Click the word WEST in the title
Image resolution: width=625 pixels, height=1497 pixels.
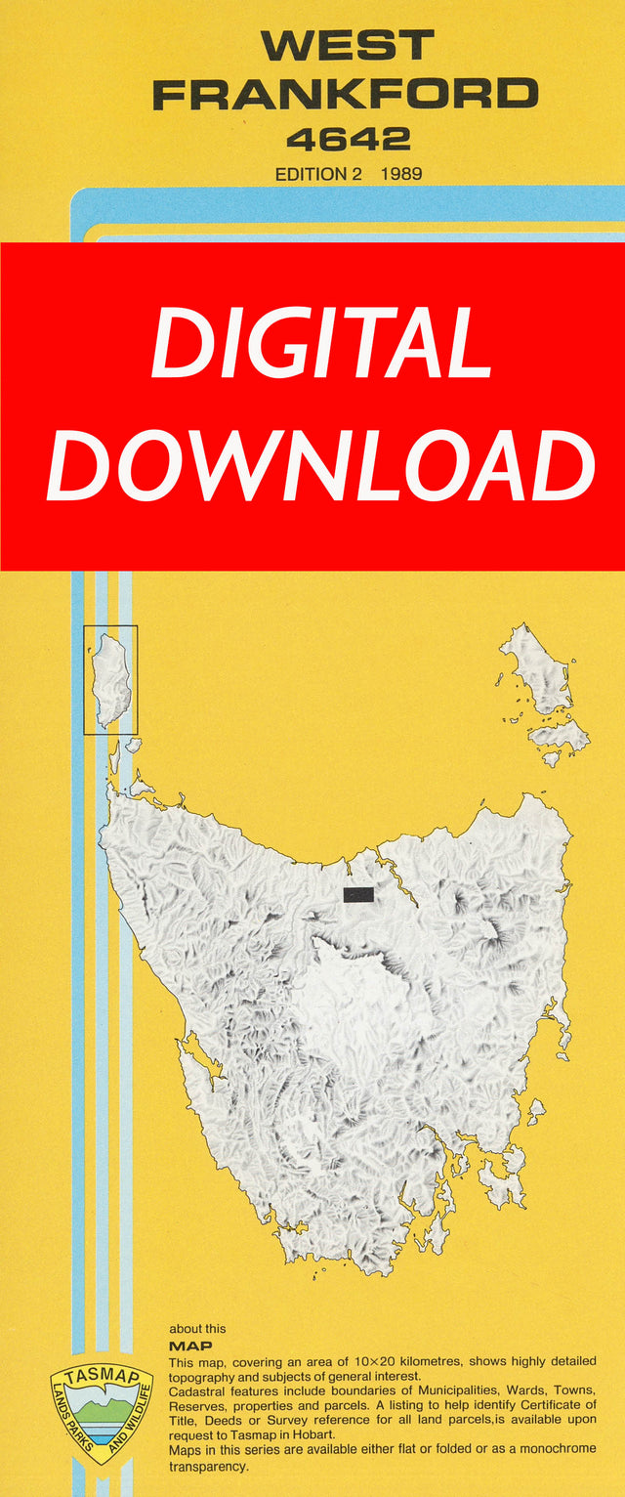click(x=347, y=46)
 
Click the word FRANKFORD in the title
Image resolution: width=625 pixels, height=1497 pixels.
click(x=347, y=95)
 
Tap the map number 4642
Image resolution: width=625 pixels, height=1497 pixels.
click(x=348, y=140)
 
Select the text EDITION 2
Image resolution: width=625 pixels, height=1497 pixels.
click(x=312, y=175)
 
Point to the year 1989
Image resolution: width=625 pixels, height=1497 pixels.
click(x=401, y=175)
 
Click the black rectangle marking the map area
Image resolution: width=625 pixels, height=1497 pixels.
click(x=358, y=894)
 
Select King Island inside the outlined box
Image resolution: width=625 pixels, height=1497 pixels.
click(x=111, y=678)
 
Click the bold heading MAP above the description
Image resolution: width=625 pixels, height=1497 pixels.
click(x=185, y=1346)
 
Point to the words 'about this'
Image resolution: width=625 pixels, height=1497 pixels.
click(x=197, y=1329)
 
